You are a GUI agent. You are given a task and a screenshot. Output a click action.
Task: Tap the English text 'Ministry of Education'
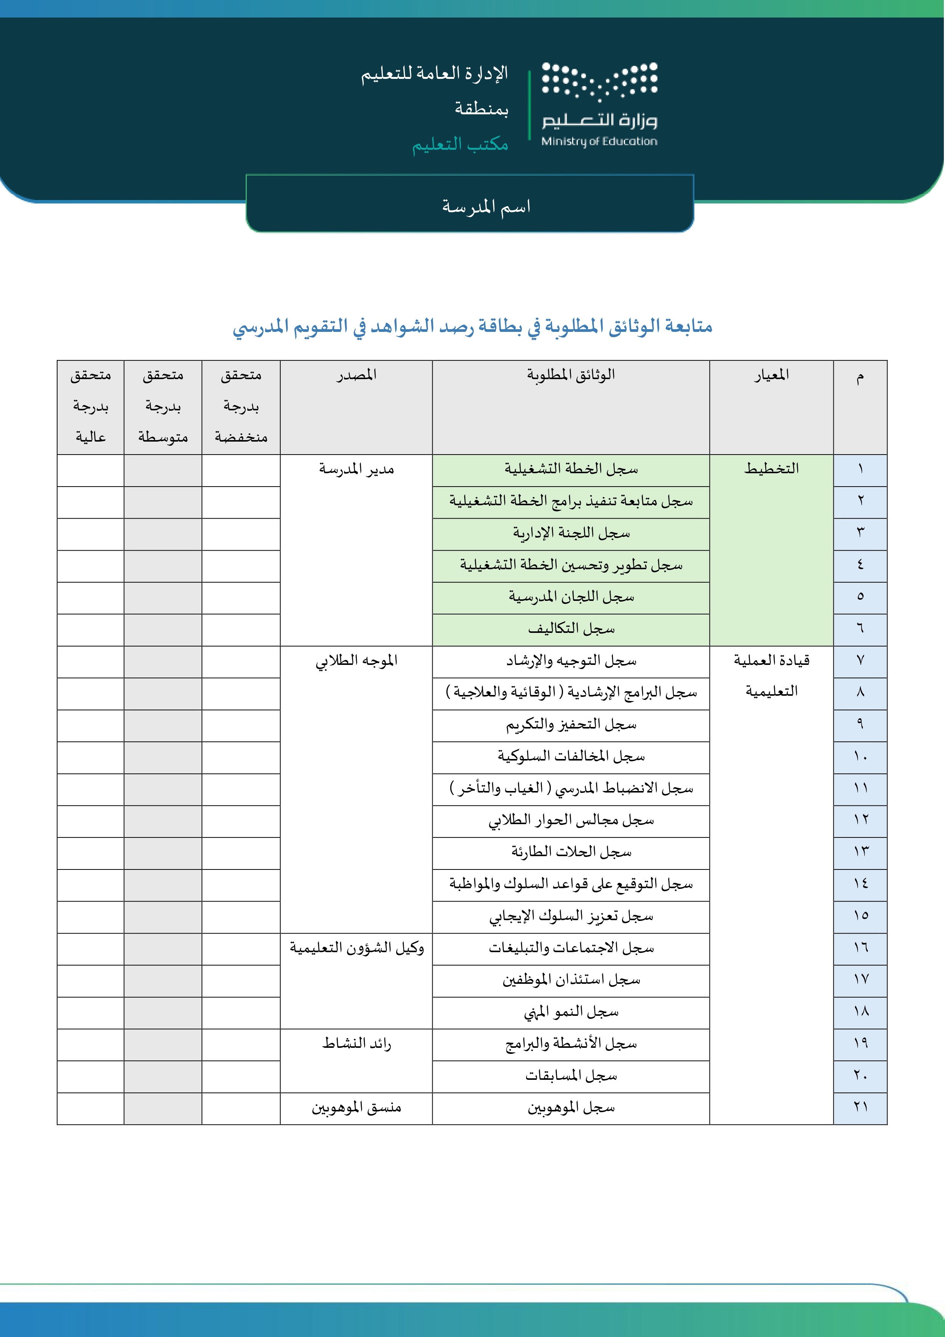pyautogui.click(x=599, y=141)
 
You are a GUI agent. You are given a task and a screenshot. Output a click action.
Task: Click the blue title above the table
pyautogui.click(x=472, y=327)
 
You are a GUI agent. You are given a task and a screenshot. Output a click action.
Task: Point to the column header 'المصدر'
pyautogui.click(x=357, y=375)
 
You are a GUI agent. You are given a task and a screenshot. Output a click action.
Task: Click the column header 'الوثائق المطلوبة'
pyautogui.click(x=571, y=375)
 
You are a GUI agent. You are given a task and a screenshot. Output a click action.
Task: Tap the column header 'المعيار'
pyautogui.click(x=771, y=375)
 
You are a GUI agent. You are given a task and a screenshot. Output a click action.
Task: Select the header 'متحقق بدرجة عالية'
pyautogui.click(x=90, y=407)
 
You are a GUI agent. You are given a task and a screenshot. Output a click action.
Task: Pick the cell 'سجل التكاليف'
pyautogui.click(x=571, y=629)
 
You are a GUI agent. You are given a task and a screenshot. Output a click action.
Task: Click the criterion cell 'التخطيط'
pyautogui.click(x=771, y=469)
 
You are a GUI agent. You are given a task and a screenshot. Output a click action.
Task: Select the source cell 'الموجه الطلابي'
pyautogui.click(x=357, y=661)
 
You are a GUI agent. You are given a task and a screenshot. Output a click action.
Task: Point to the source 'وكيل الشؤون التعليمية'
pyautogui.click(x=357, y=949)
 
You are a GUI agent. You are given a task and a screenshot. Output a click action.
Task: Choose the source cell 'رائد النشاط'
pyautogui.click(x=357, y=1044)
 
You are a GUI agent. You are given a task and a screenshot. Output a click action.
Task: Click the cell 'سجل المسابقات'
pyautogui.click(x=571, y=1076)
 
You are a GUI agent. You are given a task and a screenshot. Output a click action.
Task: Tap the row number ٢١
pyautogui.click(x=860, y=1108)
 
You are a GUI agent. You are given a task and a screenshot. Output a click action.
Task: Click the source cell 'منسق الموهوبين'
pyautogui.click(x=357, y=1108)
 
